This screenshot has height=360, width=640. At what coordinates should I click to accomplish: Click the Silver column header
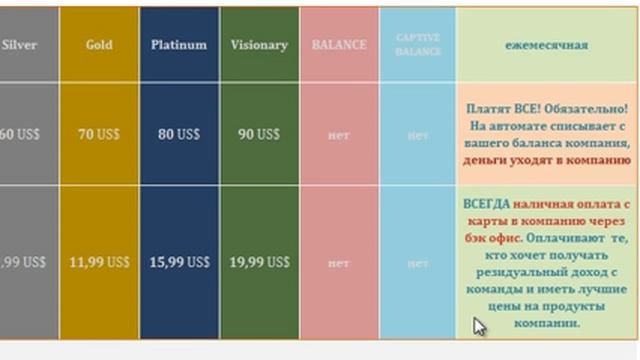coord(20,45)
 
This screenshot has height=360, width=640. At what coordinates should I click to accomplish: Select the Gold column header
coord(99,45)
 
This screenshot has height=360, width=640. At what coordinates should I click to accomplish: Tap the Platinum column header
coord(179,45)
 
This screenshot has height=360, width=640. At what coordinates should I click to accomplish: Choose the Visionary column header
coord(259,45)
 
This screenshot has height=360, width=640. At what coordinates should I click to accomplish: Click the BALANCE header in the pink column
coord(339,45)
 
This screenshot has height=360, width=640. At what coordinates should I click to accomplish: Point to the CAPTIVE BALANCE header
coord(418,45)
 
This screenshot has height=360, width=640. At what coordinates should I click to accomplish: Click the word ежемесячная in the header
coord(547,45)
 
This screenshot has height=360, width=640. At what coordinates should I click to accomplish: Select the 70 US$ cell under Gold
coord(99,133)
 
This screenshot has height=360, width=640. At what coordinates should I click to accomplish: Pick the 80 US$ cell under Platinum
coord(179,133)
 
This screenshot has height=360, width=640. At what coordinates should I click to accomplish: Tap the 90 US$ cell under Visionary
coord(259,133)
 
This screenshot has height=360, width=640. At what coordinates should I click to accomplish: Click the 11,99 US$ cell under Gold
coord(99,262)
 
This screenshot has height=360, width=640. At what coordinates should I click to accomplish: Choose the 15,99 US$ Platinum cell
coord(179,262)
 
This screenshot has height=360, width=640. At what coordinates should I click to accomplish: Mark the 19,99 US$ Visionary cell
coord(259,262)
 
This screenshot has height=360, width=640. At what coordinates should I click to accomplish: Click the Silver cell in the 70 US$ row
coord(22,133)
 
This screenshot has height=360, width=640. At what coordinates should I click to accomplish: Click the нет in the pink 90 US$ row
coord(339,134)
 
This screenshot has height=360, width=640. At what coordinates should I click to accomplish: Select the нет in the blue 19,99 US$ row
coord(418,263)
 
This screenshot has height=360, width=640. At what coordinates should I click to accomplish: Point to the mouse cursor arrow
coord(479,326)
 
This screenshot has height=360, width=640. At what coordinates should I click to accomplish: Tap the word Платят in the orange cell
coord(488,107)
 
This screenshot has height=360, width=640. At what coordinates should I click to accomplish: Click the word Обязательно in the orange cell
coord(589,107)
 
